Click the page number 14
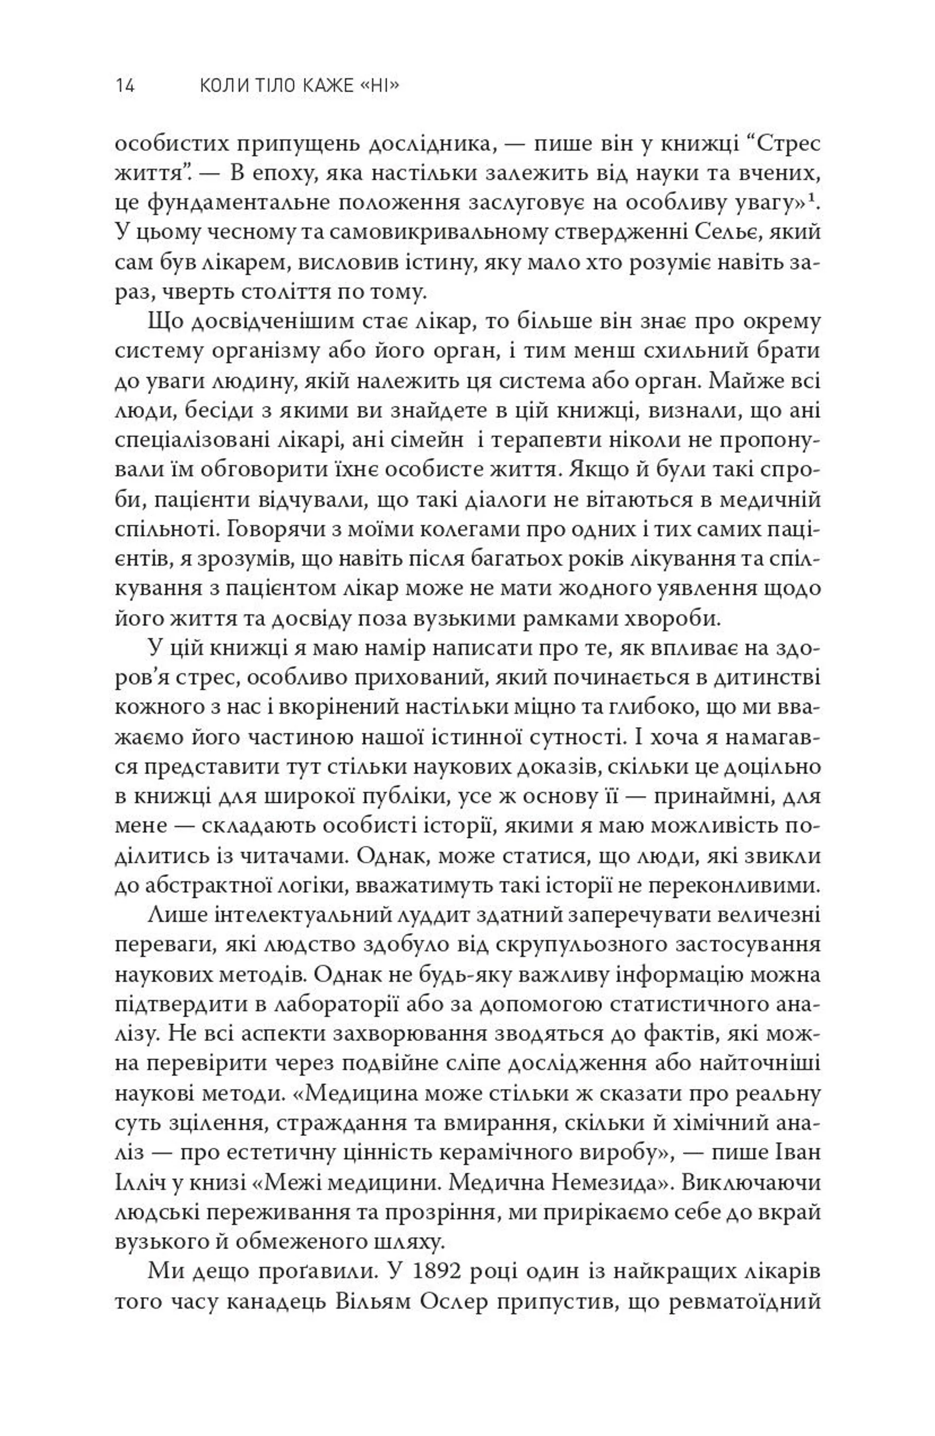click(125, 87)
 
